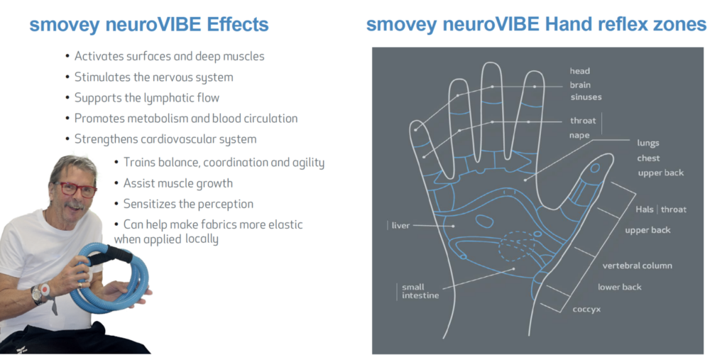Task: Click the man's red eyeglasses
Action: (x=77, y=189)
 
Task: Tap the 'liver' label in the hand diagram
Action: (x=401, y=225)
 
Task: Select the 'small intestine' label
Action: (x=417, y=291)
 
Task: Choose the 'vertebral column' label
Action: (x=637, y=266)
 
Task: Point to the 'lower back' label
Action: (x=619, y=287)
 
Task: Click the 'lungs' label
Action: (x=647, y=143)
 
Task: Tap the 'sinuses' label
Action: (x=586, y=97)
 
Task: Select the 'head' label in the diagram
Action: (x=579, y=71)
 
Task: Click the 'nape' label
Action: (x=579, y=135)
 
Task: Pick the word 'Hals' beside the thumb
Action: (x=644, y=209)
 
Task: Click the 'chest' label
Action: (x=648, y=158)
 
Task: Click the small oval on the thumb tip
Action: (x=595, y=168)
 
